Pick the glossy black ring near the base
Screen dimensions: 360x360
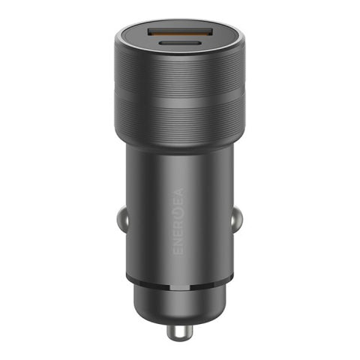(x=179, y=281)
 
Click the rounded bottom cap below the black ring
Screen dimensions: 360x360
(x=179, y=304)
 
